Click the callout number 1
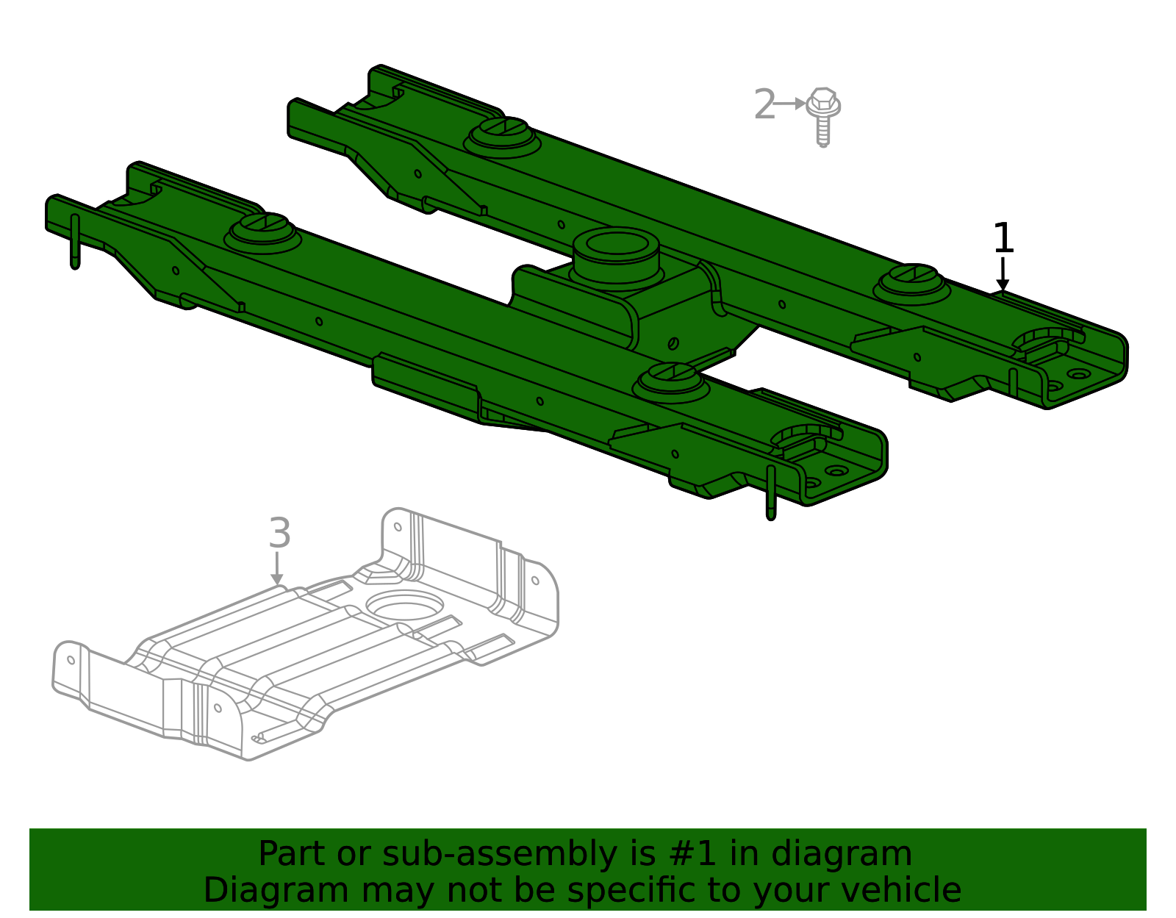coord(1003,238)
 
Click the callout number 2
coord(764,104)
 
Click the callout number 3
coord(280,533)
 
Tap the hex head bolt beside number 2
coord(822,116)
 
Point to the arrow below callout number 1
coord(1003,273)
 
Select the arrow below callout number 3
coord(277,567)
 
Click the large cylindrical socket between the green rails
coord(616,257)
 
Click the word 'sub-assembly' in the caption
coord(499,854)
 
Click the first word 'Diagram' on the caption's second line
coord(276,890)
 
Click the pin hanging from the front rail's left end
coord(75,241)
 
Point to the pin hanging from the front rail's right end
coord(771,493)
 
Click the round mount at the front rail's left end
coord(262,233)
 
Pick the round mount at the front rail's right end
coord(671,382)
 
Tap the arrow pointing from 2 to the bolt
coord(789,104)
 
